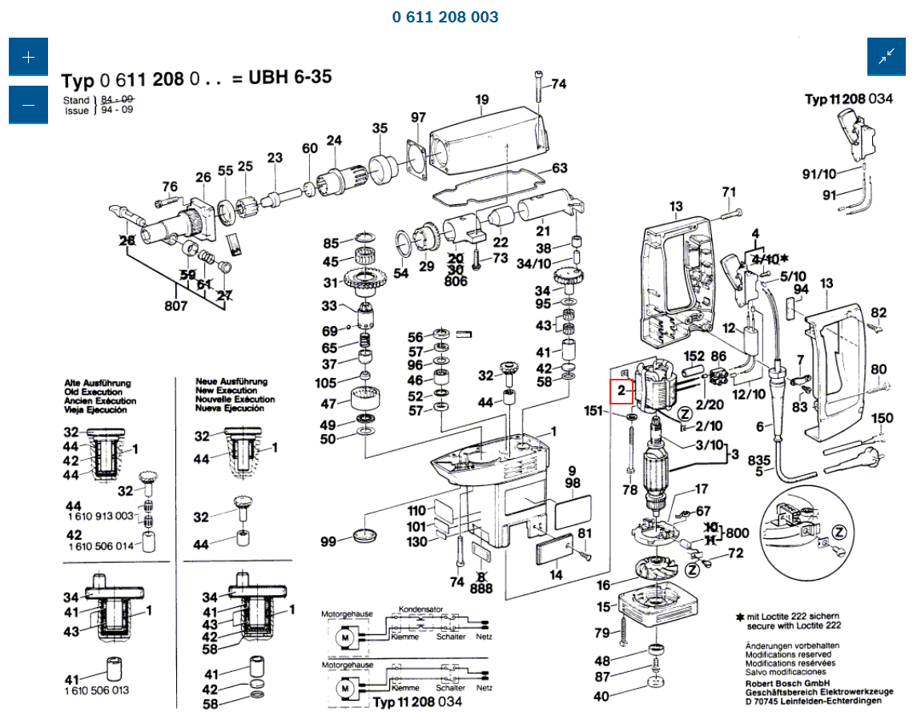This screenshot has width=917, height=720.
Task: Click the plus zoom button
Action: coord(28,58)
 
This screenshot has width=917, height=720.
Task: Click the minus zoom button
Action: coord(28,105)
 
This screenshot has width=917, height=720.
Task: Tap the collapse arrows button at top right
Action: coord(886,58)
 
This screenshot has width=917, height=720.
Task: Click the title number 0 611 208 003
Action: coord(445,17)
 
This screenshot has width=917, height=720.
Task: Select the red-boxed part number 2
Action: coord(621,391)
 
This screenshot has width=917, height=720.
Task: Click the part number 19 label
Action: coord(481,100)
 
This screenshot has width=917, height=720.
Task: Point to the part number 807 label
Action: coord(176,305)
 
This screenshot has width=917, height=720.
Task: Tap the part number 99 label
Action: coord(328,542)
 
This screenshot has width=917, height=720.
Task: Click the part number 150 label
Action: coord(882,419)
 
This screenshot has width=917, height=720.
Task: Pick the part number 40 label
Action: coord(601,697)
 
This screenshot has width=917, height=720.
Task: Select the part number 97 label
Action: coord(419,118)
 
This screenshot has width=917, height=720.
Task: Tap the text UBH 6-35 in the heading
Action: coord(289,78)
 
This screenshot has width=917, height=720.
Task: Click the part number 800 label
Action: coord(737,533)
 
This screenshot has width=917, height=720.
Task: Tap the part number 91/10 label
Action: coord(818,175)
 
